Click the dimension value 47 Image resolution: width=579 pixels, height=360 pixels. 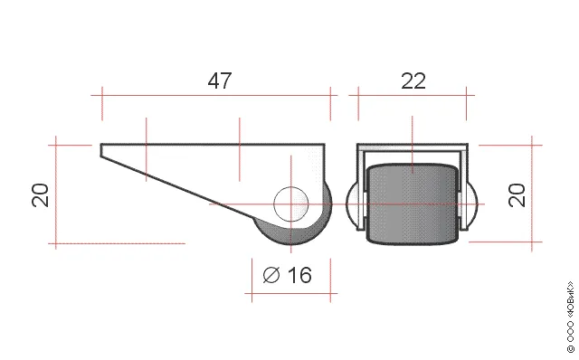220,81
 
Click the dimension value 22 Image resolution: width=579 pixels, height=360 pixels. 413,81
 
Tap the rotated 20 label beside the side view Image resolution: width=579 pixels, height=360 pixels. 40,195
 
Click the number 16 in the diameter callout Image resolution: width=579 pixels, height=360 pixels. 299,275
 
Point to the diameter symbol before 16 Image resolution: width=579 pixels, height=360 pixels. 271,275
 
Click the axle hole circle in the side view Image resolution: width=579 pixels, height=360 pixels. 291,204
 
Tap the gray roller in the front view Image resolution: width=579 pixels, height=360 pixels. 413,204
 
